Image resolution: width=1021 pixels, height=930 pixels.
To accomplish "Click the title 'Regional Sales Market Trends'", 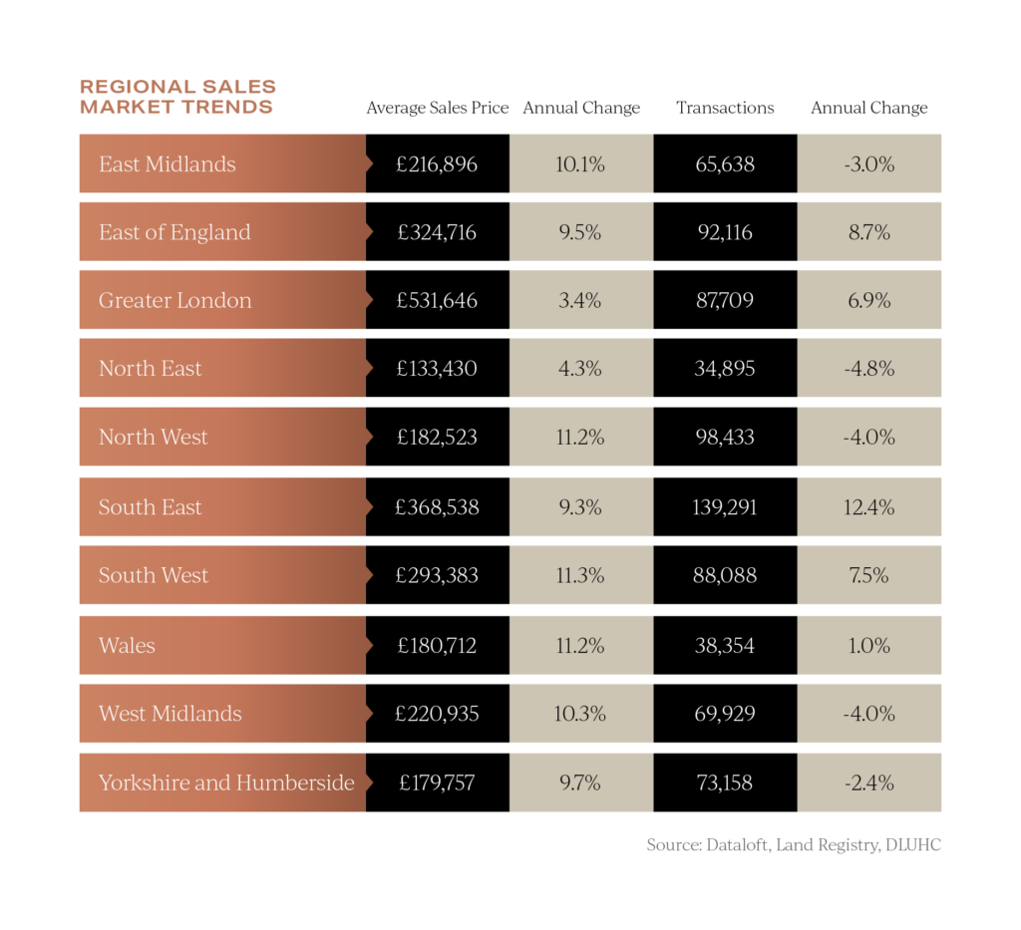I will [x=177, y=97].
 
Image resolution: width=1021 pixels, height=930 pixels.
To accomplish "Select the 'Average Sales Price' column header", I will [x=438, y=108].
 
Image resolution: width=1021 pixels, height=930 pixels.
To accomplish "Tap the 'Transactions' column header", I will [x=725, y=108].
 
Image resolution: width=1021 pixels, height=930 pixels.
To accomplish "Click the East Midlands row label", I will [x=168, y=164].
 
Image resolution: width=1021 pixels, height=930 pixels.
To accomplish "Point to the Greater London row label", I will [x=175, y=300].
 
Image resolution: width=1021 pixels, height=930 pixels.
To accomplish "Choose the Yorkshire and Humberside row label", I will [x=226, y=782].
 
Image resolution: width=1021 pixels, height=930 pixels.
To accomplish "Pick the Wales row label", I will [x=127, y=645].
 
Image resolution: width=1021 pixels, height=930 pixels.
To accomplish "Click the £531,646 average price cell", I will [x=437, y=300].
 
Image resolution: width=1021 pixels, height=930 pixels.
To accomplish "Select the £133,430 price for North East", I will [x=437, y=368].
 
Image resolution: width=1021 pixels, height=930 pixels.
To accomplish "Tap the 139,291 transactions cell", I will [x=725, y=507].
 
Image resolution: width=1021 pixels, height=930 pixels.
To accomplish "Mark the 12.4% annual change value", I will [x=869, y=507].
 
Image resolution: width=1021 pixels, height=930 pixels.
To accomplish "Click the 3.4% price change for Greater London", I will [x=580, y=300].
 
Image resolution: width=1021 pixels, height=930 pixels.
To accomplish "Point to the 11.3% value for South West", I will [x=580, y=575].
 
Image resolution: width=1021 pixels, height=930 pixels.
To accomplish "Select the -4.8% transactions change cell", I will [x=869, y=368].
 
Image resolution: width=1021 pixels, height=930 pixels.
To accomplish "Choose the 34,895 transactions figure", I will [x=725, y=368].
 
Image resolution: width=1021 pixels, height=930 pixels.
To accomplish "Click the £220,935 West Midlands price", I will [x=437, y=714].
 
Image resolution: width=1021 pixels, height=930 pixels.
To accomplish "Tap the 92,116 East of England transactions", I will [x=725, y=232].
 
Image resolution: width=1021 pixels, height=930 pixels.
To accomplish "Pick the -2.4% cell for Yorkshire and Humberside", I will [x=869, y=782].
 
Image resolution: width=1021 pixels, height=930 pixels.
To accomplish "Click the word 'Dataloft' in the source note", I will [x=736, y=845].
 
